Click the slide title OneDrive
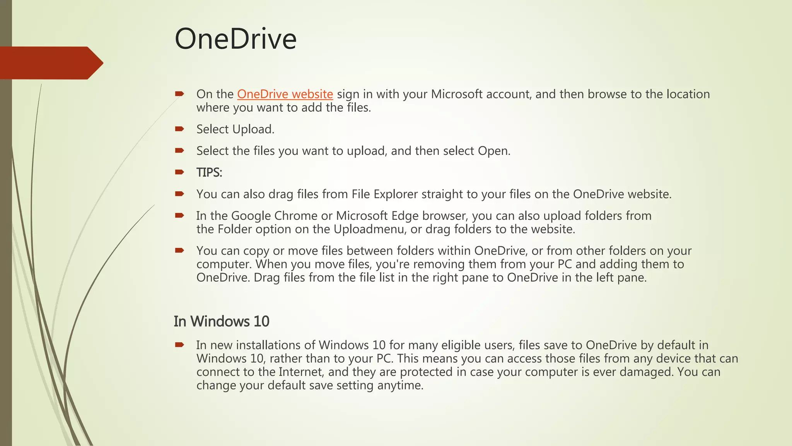[x=236, y=39]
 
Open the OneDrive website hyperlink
[x=285, y=94]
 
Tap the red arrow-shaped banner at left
[x=50, y=63]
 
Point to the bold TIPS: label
[x=209, y=172]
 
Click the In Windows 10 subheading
[x=221, y=321]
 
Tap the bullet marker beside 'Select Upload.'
[x=179, y=129]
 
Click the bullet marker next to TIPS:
[x=179, y=172]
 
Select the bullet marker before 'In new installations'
[x=179, y=345]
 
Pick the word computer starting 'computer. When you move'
[x=223, y=264]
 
